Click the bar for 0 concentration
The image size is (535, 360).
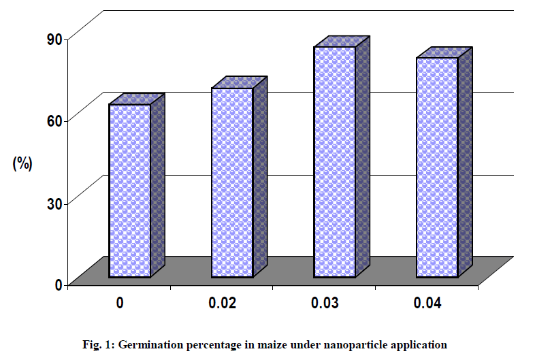coord(129,191)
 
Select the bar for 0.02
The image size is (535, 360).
coord(231,182)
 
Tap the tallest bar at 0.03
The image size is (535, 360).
coord(334,162)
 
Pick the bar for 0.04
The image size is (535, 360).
coord(436,167)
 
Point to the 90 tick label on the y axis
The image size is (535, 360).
coord(54,39)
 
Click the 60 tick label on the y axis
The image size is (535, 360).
coord(54,121)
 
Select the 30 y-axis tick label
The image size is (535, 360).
coord(54,203)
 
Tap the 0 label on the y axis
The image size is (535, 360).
coord(59,284)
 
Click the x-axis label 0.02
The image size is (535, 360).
coord(222,304)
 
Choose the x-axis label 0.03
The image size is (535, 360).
coord(325,304)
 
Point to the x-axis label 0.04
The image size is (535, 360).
coord(427,304)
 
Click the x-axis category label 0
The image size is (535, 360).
coord(120,304)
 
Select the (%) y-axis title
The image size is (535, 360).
coord(22,163)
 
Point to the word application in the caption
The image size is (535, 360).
coord(418,344)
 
